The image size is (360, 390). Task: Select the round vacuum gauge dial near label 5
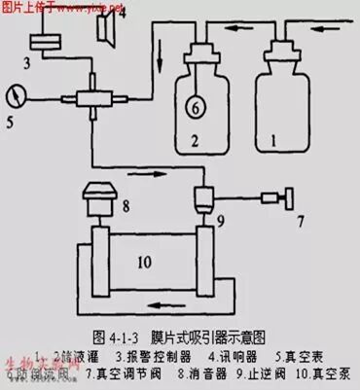(x=16, y=96)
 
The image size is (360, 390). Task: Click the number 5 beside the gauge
(x=11, y=123)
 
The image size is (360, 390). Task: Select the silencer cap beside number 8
(x=99, y=203)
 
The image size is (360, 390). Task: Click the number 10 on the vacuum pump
(x=146, y=264)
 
